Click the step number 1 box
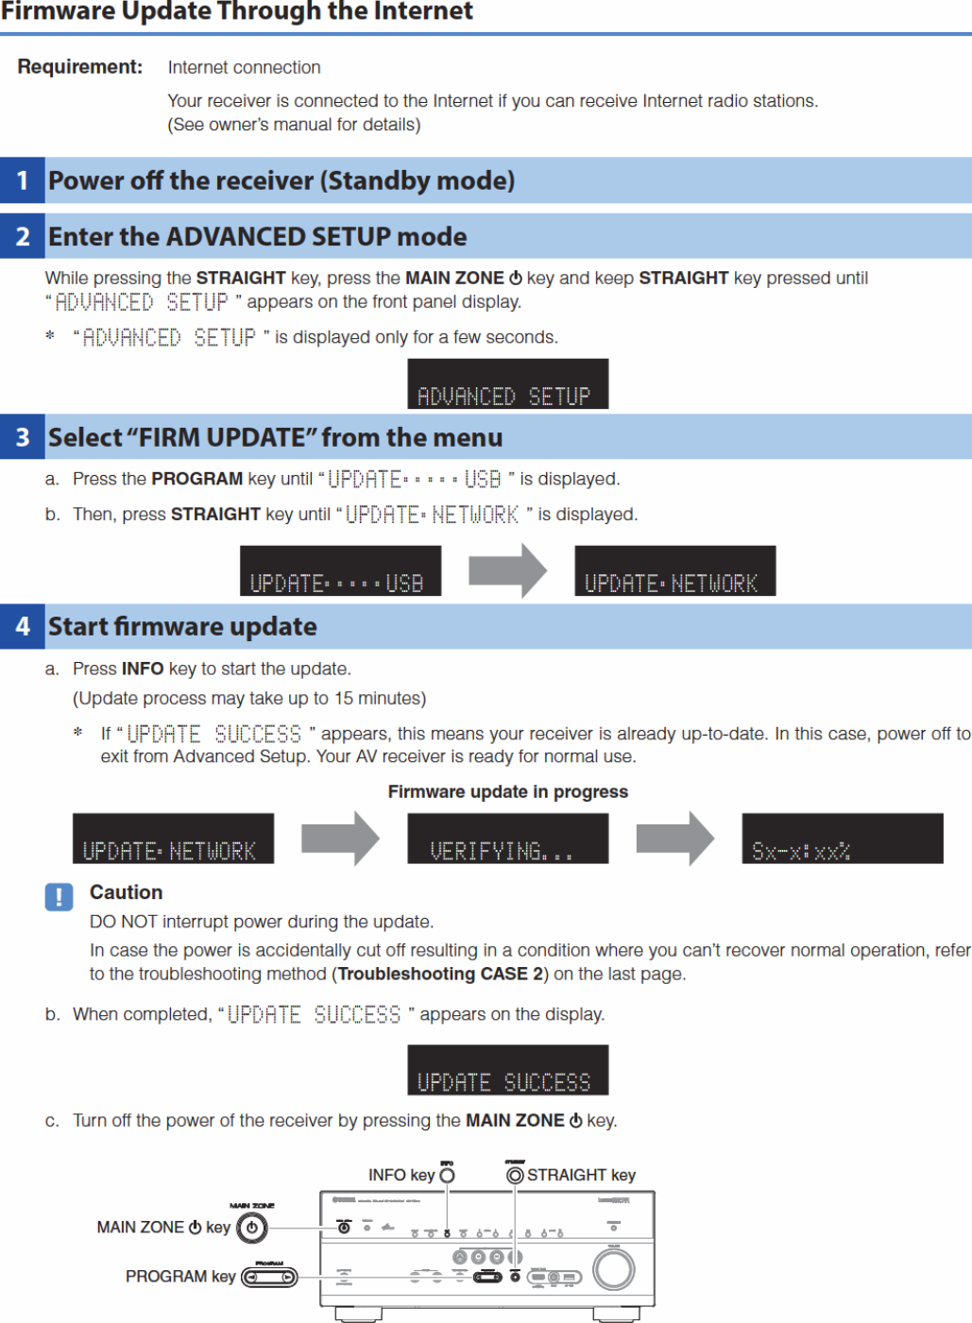(23, 180)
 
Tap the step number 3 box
(23, 437)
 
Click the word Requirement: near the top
(80, 67)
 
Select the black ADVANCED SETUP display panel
(507, 384)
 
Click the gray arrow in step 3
(507, 570)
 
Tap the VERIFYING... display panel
(507, 839)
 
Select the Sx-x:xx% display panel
(842, 839)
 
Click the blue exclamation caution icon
(59, 896)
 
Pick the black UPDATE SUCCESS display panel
(507, 1070)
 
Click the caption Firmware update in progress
(507, 791)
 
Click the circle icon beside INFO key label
(448, 1175)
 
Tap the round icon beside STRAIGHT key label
(515, 1175)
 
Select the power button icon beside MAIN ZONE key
(252, 1228)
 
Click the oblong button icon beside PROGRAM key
(269, 1278)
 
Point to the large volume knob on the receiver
(614, 1270)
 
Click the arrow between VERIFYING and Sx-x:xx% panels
(674, 839)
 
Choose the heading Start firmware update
(182, 627)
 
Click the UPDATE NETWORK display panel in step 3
(674, 571)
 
